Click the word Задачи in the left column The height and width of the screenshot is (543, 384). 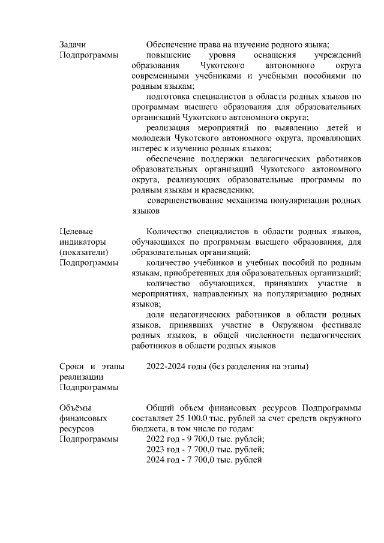pyautogui.click(x=73, y=44)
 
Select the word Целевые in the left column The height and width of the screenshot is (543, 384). pyautogui.click(x=76, y=230)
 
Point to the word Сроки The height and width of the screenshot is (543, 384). pyautogui.click(x=71, y=366)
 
